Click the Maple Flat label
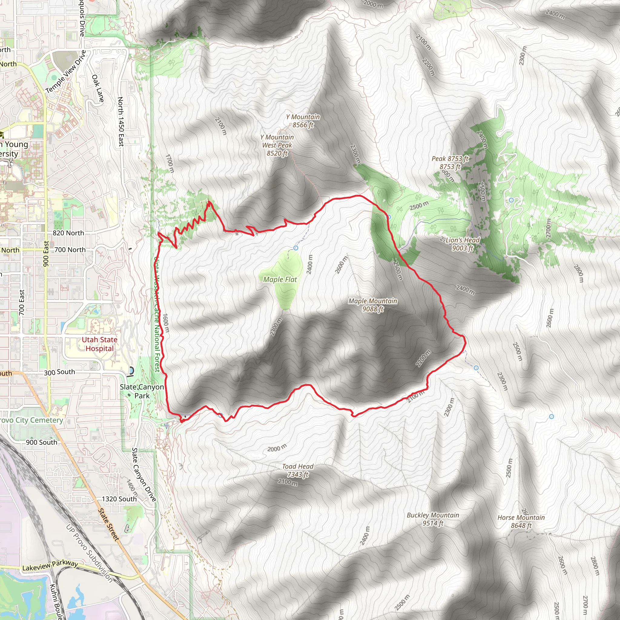point(280,279)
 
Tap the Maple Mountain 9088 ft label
point(373,305)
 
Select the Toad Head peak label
point(298,470)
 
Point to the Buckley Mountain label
point(433,519)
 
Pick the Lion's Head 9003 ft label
point(462,244)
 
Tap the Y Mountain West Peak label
point(277,145)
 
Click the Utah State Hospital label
point(100,344)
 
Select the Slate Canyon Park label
point(142,391)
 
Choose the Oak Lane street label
point(98,88)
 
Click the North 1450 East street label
point(121,122)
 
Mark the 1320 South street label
point(119,499)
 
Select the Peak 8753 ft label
point(450,162)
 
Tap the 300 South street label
point(59,372)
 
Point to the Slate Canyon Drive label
point(144,475)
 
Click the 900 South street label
point(41,442)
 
